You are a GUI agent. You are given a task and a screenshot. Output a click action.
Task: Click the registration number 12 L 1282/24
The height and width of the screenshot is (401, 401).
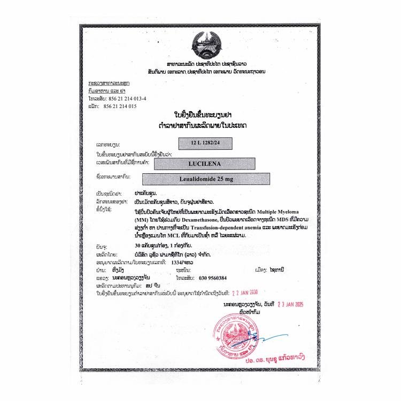(x=205, y=143)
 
